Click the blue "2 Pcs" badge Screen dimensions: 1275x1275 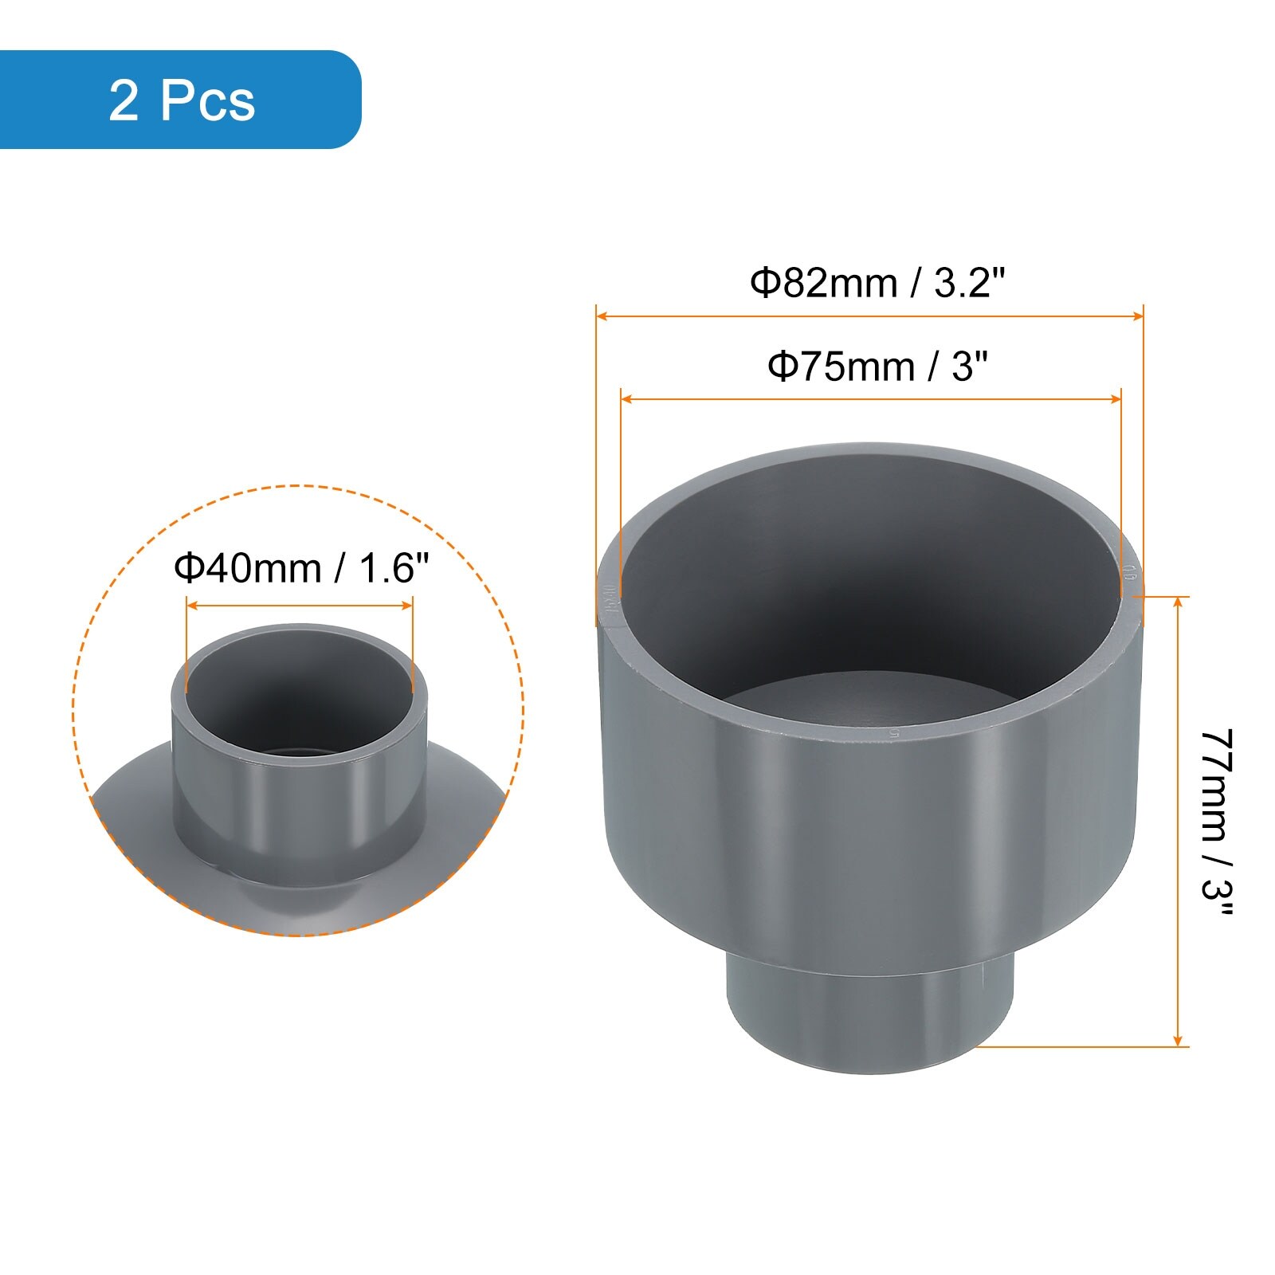[180, 100]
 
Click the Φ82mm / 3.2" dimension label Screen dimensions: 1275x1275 [877, 283]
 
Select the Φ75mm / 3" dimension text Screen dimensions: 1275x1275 [877, 367]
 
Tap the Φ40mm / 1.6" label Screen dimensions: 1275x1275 [301, 568]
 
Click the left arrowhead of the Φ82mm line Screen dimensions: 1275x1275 [602, 316]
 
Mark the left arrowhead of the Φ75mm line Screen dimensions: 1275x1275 [626, 398]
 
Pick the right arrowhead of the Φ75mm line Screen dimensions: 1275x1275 [1116, 398]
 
